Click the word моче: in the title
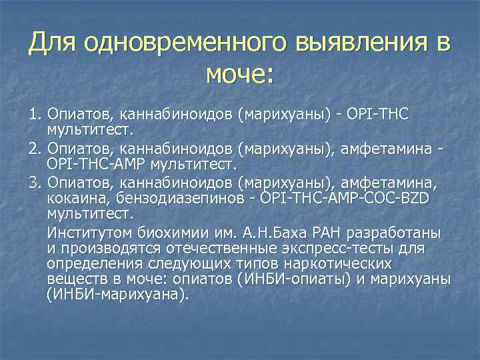point(239,73)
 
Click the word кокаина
point(75,198)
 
